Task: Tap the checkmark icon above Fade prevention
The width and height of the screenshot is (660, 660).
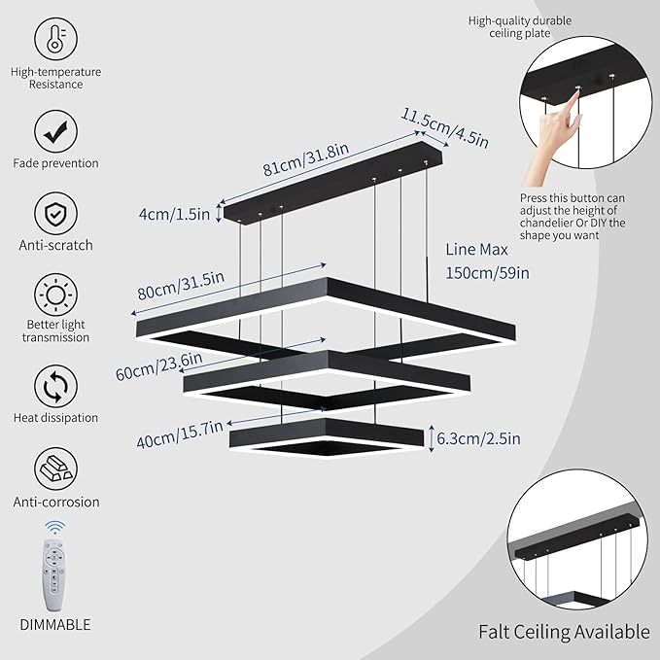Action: [55, 129]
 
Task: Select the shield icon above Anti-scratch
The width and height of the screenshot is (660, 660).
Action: [55, 211]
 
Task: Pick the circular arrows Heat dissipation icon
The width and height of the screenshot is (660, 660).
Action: [55, 385]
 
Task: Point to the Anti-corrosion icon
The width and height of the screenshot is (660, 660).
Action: [55, 469]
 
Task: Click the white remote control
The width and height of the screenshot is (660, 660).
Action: [54, 568]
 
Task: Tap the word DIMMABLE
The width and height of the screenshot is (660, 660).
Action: [54, 624]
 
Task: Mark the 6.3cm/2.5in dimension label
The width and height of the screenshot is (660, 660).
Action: [480, 438]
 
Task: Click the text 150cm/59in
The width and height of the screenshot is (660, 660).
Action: [487, 272]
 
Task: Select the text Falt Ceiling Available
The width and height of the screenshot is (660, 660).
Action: [564, 631]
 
